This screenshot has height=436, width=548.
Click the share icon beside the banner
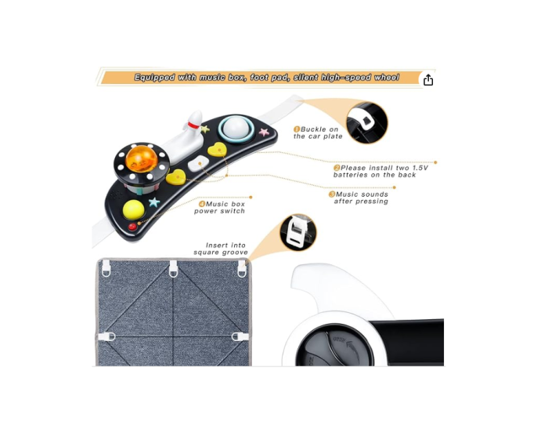tap(428, 80)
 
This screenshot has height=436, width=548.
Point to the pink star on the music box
tap(264, 131)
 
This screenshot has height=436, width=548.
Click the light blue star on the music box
tap(154, 202)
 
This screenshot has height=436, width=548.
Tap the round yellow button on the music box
tap(134, 209)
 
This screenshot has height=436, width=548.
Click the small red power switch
tap(133, 227)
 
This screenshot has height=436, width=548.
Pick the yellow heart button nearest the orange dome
tap(176, 177)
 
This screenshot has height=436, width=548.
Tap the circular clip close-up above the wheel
tap(297, 232)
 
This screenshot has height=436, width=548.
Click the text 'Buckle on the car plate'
tap(319, 133)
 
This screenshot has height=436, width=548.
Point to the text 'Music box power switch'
tap(220, 207)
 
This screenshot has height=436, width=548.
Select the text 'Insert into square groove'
tap(222, 249)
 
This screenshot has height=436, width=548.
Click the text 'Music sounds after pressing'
tap(361, 198)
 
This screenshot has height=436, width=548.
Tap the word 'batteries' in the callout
tap(352, 175)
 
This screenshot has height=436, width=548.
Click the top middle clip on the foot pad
tap(174, 268)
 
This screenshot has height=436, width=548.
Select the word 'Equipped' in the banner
tap(155, 78)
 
